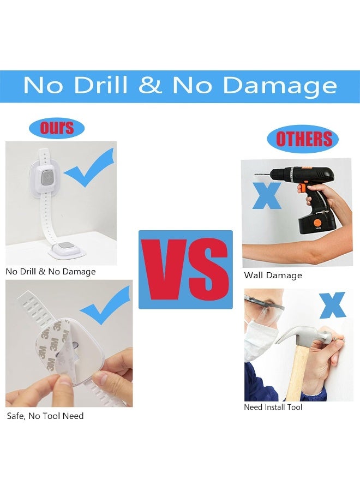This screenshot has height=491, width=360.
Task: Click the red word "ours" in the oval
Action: click(x=57, y=128)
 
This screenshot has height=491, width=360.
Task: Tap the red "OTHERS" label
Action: click(x=303, y=140)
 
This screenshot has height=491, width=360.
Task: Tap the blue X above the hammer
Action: click(x=333, y=306)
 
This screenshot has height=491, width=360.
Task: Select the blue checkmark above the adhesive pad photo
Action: click(x=106, y=306)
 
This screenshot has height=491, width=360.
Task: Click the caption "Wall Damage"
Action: click(x=273, y=276)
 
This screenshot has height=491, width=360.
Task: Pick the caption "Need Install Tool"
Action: click(x=273, y=407)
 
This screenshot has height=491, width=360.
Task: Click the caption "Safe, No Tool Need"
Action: click(x=45, y=416)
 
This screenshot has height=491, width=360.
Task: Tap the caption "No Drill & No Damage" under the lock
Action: click(x=51, y=271)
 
